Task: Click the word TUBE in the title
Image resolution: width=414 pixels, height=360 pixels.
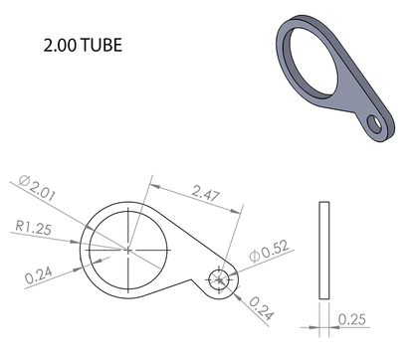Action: click(102, 45)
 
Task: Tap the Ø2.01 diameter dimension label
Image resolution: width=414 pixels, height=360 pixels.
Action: click(37, 188)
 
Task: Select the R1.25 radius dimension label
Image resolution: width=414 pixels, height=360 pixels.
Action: click(34, 228)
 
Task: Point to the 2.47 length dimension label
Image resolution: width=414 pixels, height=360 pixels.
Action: click(206, 193)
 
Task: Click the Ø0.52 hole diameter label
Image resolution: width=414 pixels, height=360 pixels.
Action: click(269, 251)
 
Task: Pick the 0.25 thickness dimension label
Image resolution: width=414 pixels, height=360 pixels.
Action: click(352, 319)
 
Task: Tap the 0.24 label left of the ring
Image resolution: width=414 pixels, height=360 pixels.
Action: click(39, 275)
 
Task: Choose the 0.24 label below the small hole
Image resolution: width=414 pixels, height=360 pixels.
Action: click(262, 308)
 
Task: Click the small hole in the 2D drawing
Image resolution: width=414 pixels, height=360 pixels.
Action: click(219, 280)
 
